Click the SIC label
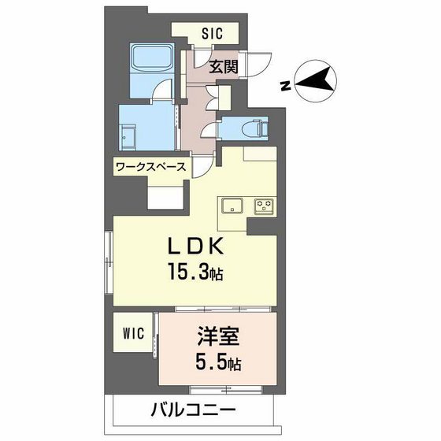(213, 33)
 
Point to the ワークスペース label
(150, 167)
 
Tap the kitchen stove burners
(262, 206)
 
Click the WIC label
(132, 333)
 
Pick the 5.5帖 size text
(217, 366)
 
